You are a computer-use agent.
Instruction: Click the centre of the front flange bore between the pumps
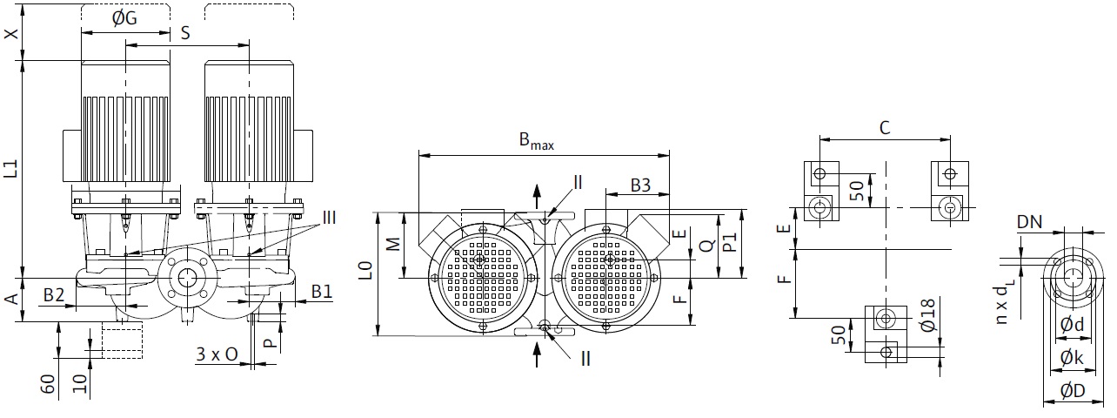187,277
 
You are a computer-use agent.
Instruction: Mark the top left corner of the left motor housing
81,62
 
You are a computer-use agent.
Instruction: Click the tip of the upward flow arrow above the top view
537,185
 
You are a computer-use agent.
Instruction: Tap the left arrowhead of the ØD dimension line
1048,401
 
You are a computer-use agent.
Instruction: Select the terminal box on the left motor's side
72,155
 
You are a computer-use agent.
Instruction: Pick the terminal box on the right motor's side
304,155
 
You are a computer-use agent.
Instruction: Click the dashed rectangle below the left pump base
122,340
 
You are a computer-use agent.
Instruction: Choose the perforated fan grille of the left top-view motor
482,276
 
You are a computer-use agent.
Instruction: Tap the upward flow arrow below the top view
537,354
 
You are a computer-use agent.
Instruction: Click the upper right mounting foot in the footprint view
950,191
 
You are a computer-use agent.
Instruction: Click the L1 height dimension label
11,168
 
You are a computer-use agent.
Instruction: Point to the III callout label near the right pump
329,218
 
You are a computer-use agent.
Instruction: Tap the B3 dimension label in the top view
641,185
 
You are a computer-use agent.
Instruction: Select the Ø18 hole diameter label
928,315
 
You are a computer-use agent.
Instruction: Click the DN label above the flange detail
1029,222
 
